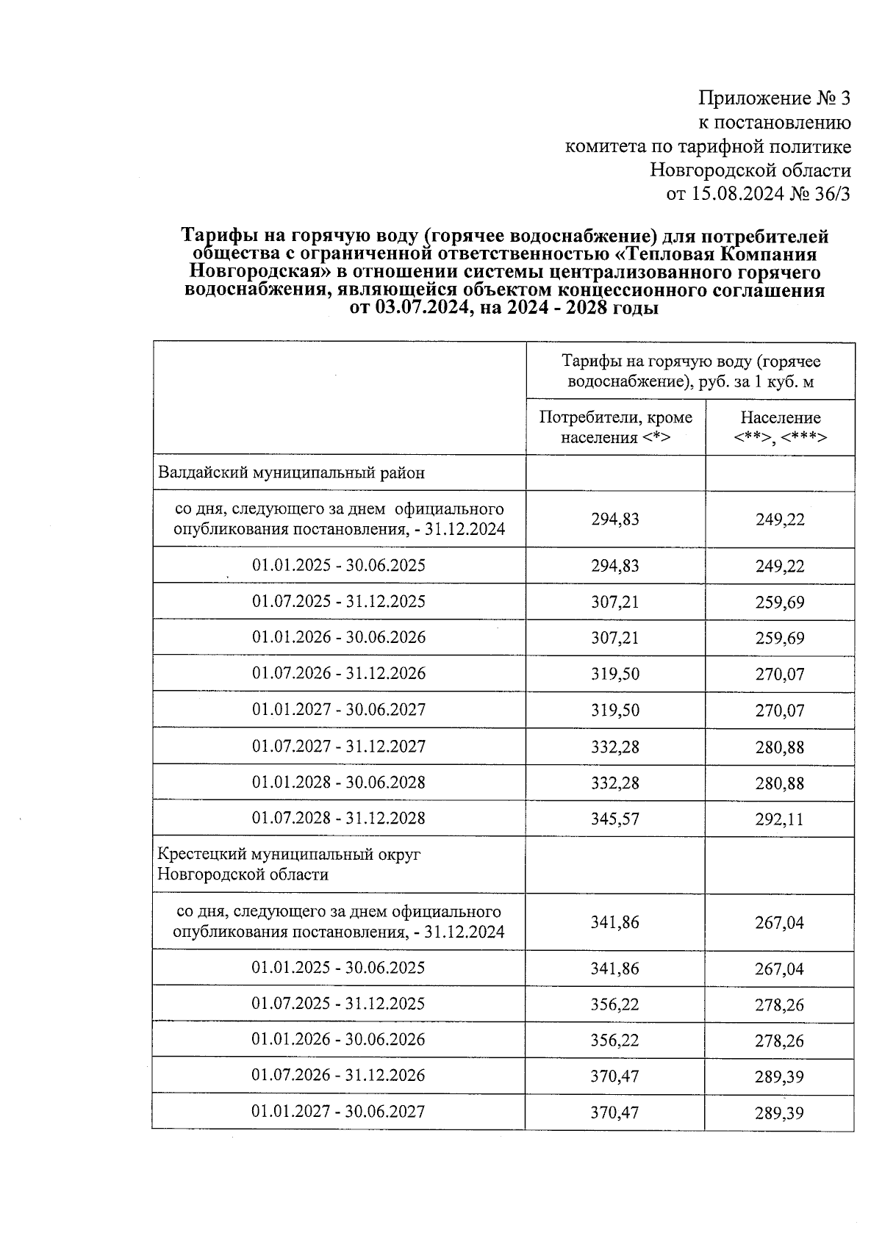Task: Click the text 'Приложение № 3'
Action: (774, 98)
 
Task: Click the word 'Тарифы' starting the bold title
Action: (218, 237)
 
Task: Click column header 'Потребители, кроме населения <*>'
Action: (615, 428)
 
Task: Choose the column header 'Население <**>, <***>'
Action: (780, 428)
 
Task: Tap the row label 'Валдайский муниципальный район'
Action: (291, 473)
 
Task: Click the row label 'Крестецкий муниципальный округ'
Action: (289, 855)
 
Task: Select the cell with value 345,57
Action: (615, 819)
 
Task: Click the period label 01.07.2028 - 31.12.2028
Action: (339, 819)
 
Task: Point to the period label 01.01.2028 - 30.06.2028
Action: (339, 783)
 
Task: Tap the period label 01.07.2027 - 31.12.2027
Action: (339, 747)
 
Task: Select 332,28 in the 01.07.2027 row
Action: (615, 747)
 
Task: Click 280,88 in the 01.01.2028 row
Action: (780, 783)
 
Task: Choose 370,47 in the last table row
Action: (615, 1113)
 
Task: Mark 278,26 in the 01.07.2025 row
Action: (780, 1005)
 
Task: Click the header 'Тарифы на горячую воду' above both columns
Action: (691, 371)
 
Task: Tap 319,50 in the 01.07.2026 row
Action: (615, 674)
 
